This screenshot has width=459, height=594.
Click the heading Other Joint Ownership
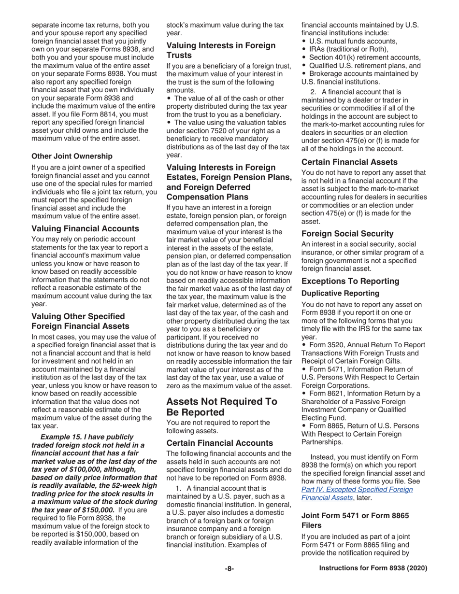pyautogui.click(x=72, y=156)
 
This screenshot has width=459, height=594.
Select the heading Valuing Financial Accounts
pyautogui.click(x=85, y=228)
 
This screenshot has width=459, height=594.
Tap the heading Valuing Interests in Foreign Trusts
pyautogui.click(x=221, y=51)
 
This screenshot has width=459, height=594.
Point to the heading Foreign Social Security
pyautogui.click(x=347, y=234)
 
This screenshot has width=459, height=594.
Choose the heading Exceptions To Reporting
pyautogui.click(x=350, y=281)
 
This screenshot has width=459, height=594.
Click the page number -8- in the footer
pyautogui.click(x=229, y=569)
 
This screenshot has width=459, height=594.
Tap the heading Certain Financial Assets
pyautogui.click(x=350, y=162)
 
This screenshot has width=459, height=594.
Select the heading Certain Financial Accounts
pyautogui.click(x=220, y=442)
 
